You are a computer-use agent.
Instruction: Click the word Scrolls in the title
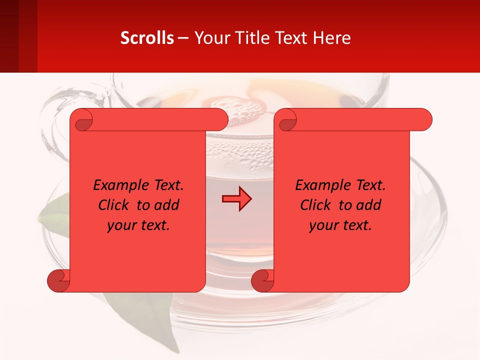click(147, 37)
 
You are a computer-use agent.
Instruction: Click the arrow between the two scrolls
click(236, 199)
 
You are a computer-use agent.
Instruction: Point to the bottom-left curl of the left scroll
click(59, 281)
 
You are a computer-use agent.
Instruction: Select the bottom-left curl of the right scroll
click(262, 281)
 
